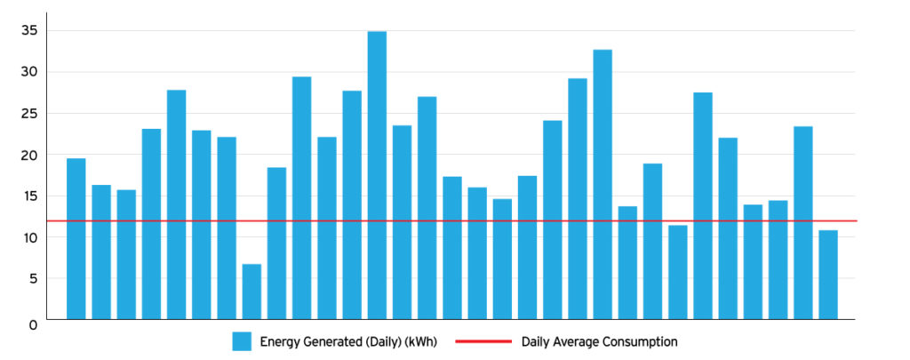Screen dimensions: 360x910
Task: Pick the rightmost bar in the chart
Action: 827,275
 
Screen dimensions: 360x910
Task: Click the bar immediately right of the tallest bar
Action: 402,222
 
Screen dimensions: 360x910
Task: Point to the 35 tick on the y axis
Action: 30,30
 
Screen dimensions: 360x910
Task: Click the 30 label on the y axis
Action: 30,72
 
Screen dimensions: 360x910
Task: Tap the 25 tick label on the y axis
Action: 30,114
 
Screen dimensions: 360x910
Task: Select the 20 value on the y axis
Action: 30,155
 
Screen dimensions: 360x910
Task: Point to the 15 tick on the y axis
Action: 30,196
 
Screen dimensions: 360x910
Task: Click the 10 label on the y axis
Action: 30,237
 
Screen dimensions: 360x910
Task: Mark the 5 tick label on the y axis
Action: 33,279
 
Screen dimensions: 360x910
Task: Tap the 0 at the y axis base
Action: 33,325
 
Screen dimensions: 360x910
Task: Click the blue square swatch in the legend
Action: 242,341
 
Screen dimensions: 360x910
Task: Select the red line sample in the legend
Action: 483,341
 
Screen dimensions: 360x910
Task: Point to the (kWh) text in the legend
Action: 419,341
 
